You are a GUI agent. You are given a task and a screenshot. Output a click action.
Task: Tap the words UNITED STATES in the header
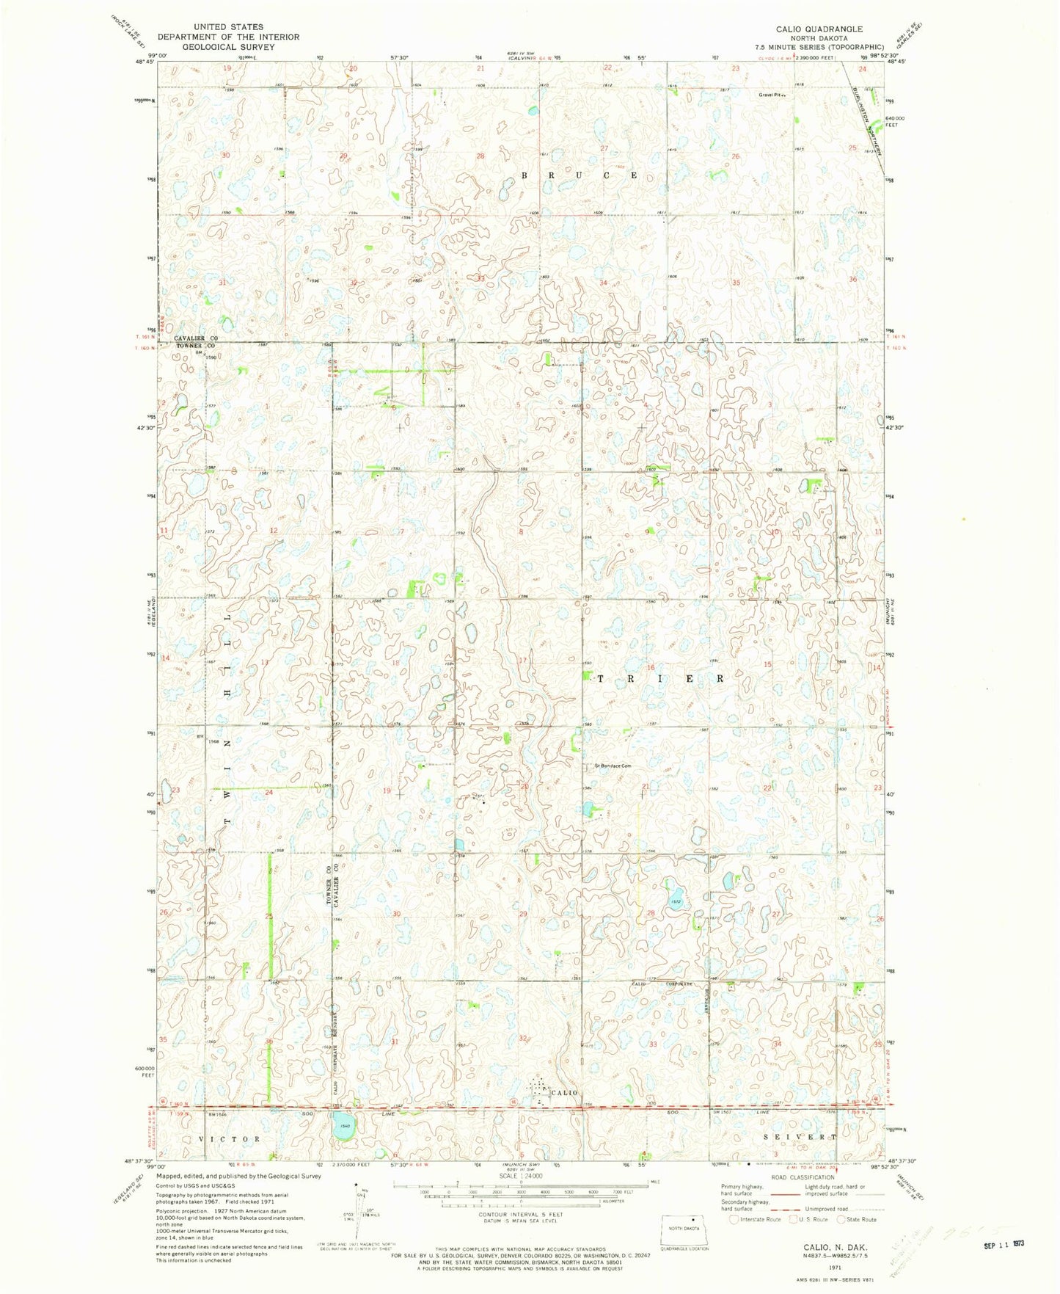[228, 27]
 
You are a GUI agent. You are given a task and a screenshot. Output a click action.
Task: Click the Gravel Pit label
[771, 95]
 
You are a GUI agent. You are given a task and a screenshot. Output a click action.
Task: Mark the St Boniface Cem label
[613, 766]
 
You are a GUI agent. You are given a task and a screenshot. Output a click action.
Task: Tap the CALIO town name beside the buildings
[564, 1093]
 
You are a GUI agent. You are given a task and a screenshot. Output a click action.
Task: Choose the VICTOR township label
[230, 1138]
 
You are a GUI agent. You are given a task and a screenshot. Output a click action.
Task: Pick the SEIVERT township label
[799, 1137]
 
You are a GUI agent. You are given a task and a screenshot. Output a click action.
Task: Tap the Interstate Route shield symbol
[734, 1219]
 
